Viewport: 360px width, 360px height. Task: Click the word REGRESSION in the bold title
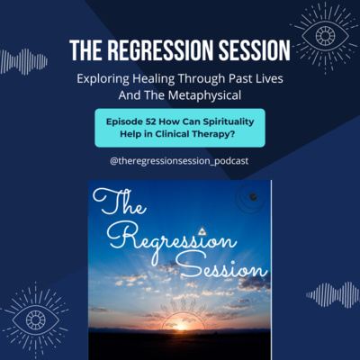pos(161,50)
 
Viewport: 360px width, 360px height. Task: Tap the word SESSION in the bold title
pos(255,50)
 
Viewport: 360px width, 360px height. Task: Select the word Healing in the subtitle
pos(154,79)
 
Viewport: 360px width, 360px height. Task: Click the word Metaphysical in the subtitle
pos(204,95)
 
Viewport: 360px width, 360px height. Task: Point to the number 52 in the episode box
pos(150,121)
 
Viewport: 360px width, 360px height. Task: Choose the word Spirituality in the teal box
pos(229,121)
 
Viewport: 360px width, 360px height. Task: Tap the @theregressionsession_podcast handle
pos(179,161)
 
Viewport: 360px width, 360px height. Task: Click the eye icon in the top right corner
pos(325,36)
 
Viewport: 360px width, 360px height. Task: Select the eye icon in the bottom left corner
pos(35,319)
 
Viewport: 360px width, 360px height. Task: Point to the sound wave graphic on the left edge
pos(23,62)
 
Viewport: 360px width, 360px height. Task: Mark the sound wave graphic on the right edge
pos(332,295)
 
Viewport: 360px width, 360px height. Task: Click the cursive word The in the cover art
pos(119,202)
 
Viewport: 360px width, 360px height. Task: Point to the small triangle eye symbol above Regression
pos(202,231)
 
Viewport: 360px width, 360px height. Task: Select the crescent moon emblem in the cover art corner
pos(251,197)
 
